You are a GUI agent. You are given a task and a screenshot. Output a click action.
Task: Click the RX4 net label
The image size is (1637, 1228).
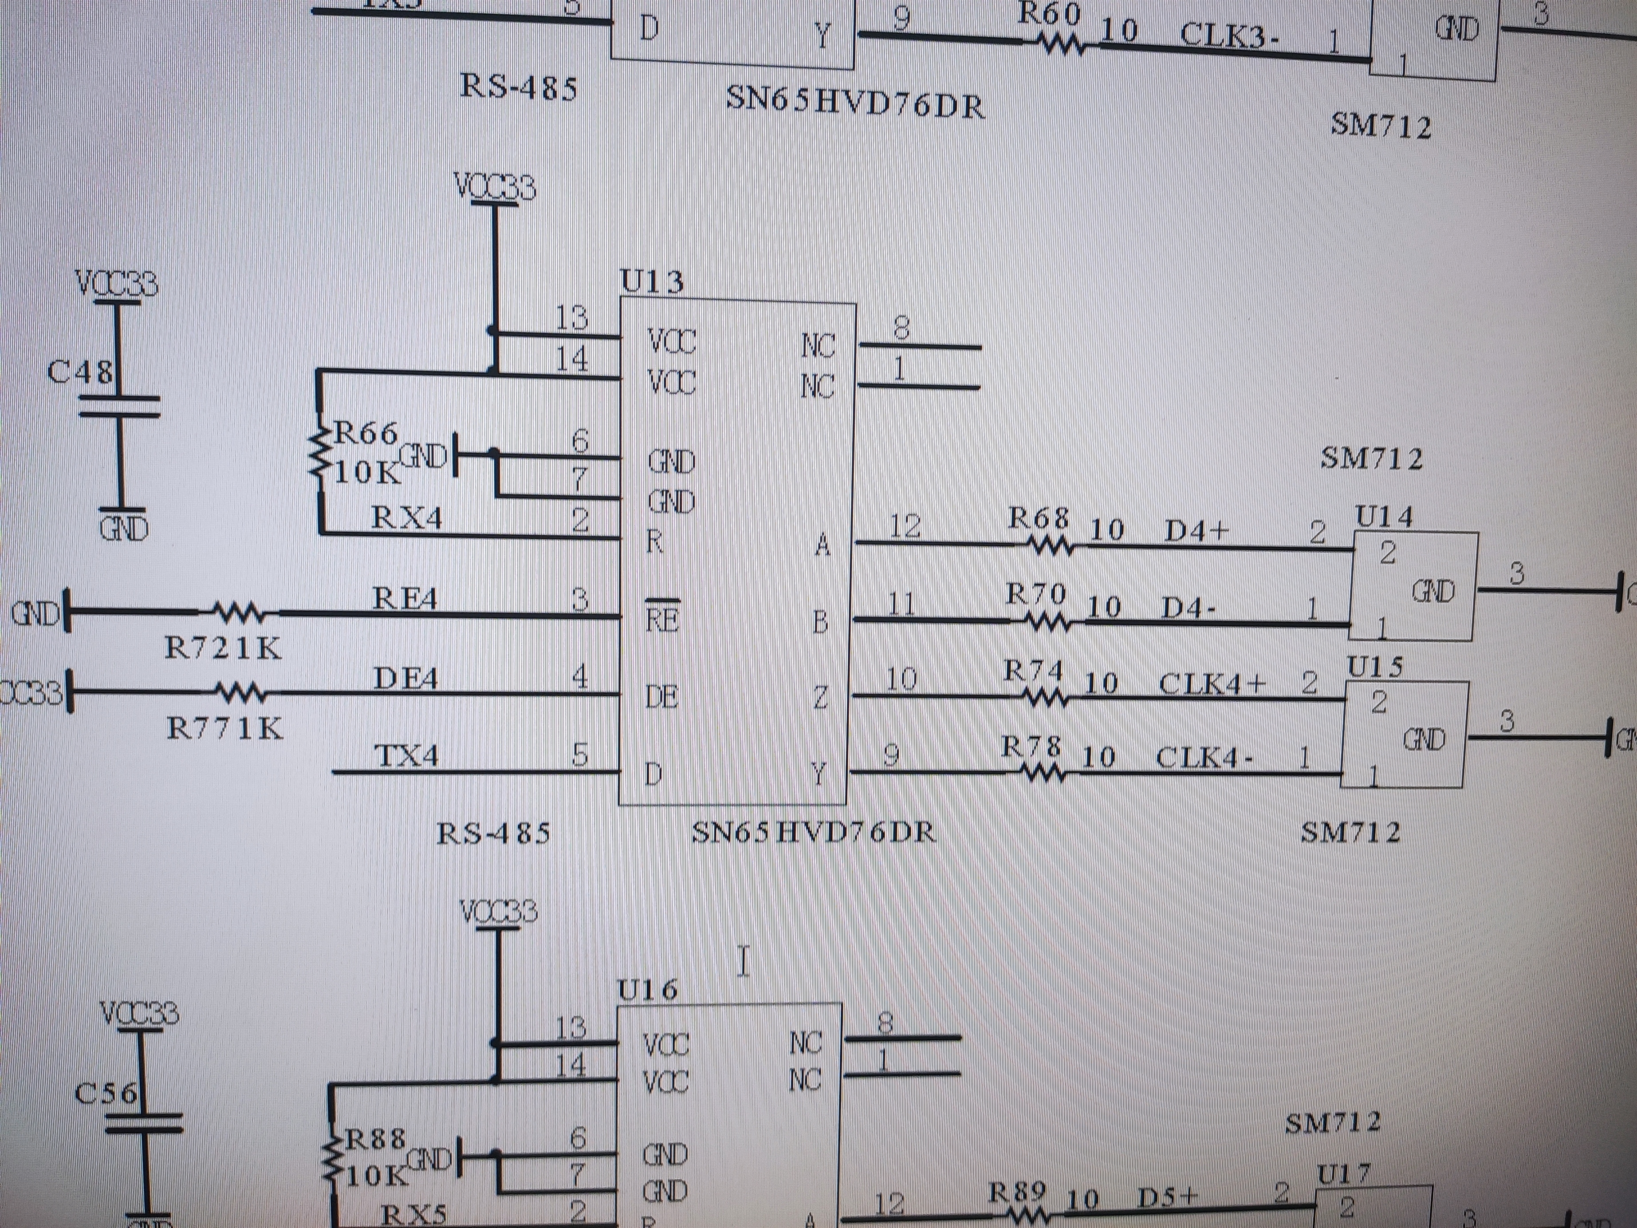coord(407,517)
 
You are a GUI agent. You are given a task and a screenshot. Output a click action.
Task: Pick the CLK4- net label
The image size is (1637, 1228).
coord(1204,757)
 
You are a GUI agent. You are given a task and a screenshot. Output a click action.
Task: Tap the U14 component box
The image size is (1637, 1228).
coord(1413,585)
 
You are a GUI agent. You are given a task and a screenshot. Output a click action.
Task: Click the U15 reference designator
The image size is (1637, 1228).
coord(1374,667)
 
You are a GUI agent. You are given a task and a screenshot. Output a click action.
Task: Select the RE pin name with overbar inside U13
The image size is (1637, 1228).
coord(661,619)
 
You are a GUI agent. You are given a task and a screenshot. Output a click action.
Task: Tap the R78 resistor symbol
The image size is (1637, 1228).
coord(1043,774)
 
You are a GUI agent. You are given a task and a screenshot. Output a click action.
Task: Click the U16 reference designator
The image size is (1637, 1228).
coord(648,990)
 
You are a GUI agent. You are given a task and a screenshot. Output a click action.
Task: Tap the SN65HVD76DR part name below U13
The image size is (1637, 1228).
coord(813,833)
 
